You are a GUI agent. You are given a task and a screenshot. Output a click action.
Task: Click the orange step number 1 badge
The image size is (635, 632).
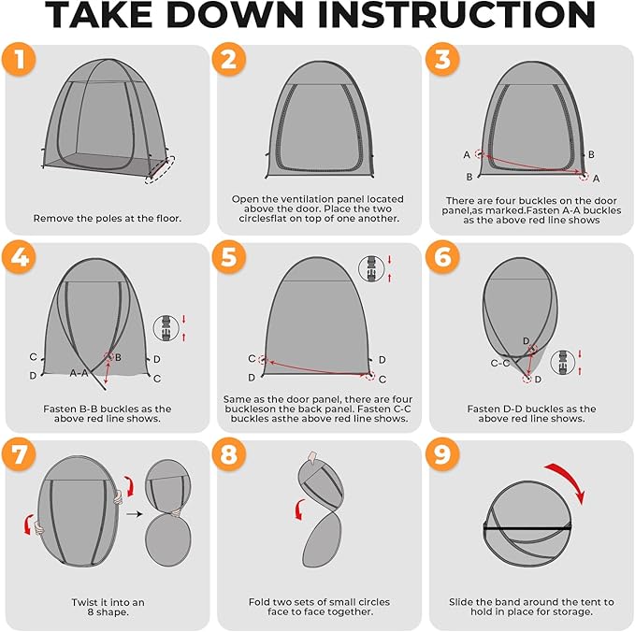tap(19, 59)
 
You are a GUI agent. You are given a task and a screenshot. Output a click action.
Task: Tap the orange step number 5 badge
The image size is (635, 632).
tap(229, 257)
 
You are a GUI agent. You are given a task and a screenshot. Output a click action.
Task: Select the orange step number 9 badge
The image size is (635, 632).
tap(442, 454)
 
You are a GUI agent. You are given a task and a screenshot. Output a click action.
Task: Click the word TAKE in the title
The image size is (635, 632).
tap(97, 14)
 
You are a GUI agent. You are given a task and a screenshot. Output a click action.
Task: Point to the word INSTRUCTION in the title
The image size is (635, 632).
tap(457, 14)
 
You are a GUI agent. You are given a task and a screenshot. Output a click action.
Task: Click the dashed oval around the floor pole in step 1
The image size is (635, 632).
tap(160, 169)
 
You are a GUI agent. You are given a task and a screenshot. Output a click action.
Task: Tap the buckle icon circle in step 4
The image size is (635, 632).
tap(166, 328)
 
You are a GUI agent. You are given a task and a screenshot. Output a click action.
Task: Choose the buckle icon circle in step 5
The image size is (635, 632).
tap(371, 268)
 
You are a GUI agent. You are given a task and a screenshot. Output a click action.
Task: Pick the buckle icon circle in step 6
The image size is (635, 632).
tap(563, 362)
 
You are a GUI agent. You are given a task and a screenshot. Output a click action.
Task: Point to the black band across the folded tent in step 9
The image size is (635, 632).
tap(527, 529)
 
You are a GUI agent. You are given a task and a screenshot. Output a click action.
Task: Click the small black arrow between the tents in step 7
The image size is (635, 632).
tap(135, 514)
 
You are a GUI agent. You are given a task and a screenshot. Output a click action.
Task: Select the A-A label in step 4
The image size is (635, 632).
tap(79, 372)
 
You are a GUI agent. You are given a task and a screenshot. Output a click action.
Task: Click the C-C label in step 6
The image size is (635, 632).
tap(500, 363)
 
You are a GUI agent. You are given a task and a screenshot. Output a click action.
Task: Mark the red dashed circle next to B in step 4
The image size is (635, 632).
tap(108, 357)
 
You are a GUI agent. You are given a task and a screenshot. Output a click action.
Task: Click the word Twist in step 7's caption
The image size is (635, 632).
tap(84, 602)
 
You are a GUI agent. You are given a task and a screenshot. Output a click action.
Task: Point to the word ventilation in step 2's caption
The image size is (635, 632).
tap(291, 199)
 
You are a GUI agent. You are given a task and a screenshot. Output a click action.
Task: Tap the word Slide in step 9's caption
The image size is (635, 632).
tap(461, 602)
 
